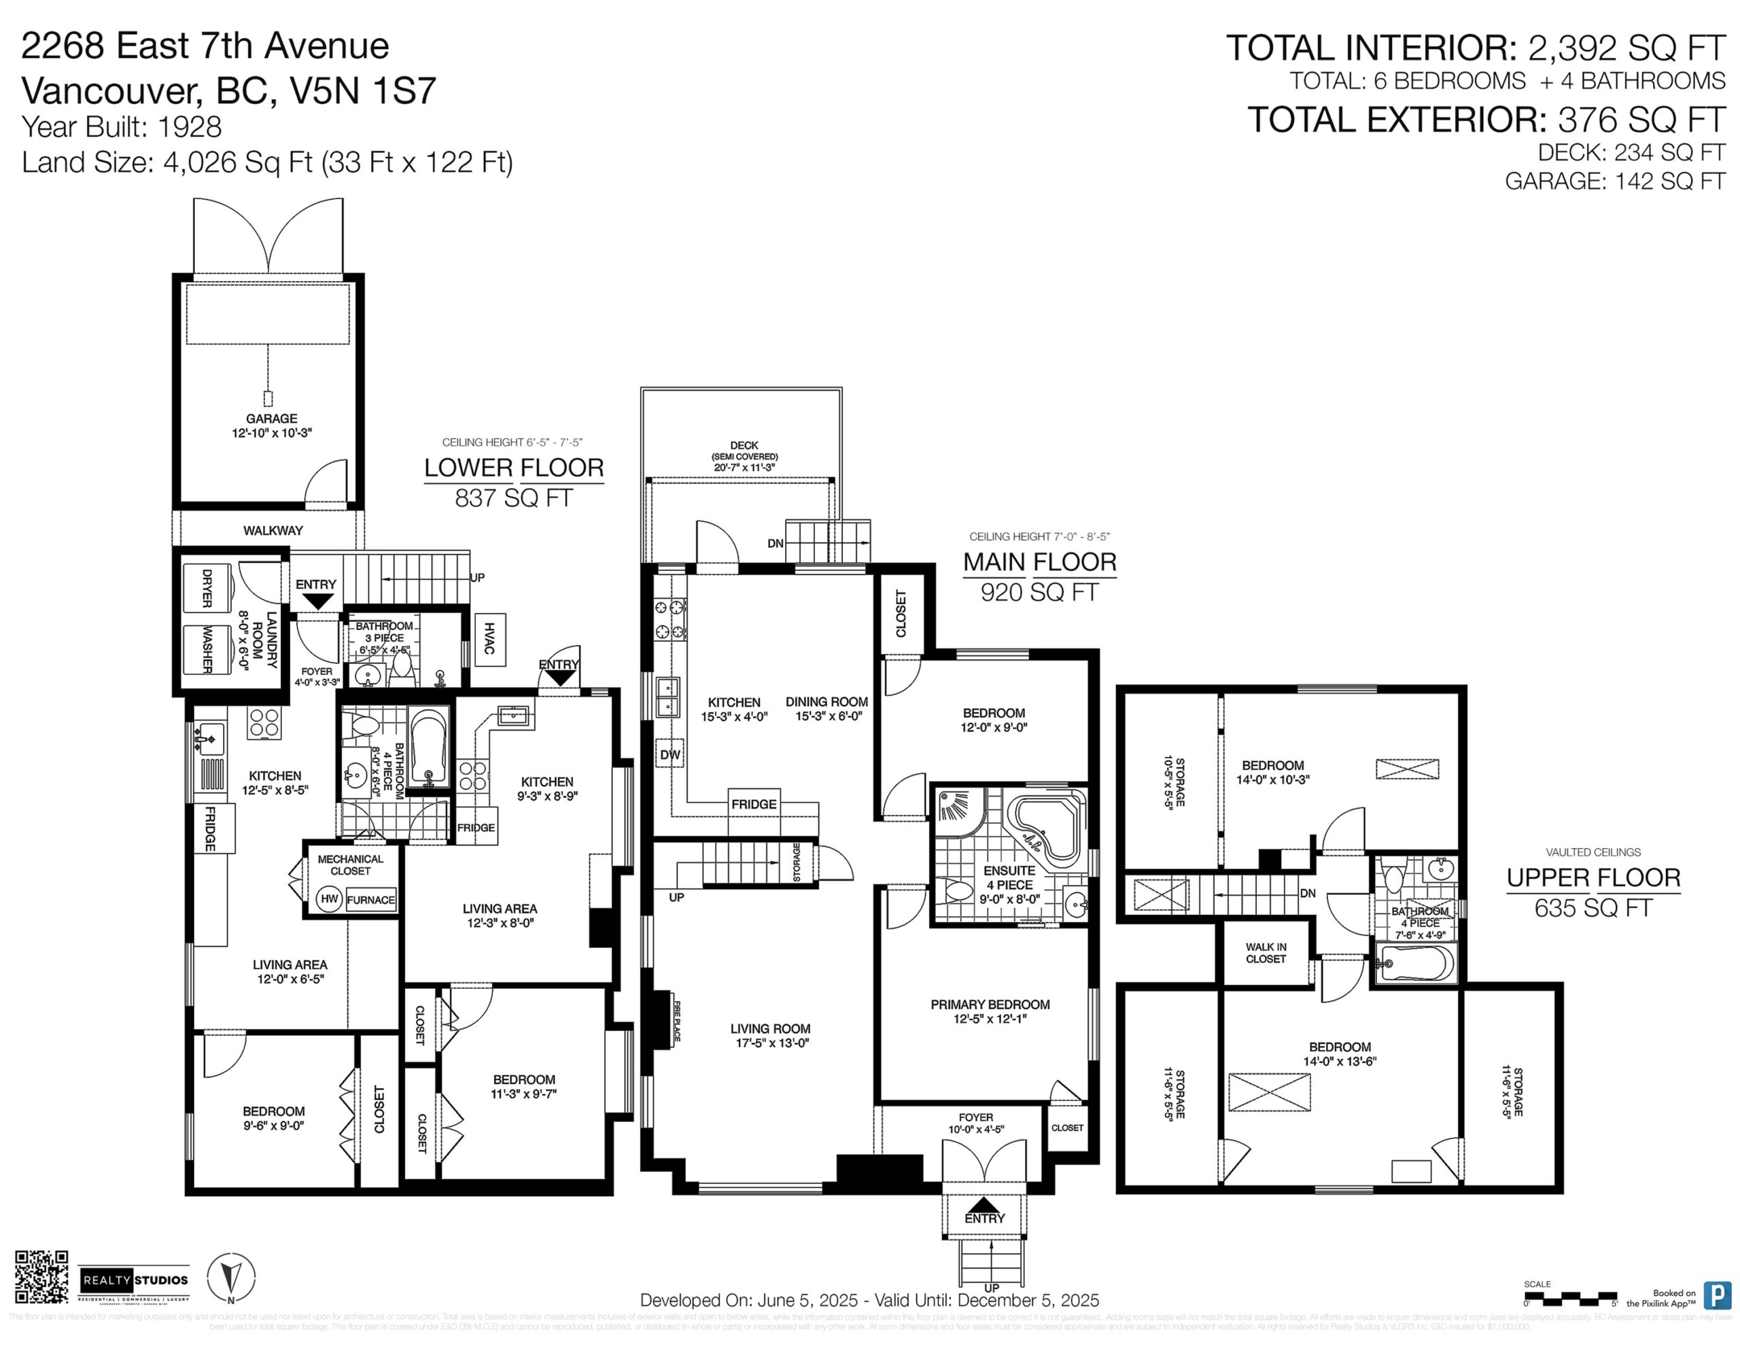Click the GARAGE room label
[x=271, y=419]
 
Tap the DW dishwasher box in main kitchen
[x=670, y=754]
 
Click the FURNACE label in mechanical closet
[x=370, y=901]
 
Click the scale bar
[x=1569, y=1298]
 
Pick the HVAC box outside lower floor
[x=489, y=640]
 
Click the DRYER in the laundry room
[x=207, y=588]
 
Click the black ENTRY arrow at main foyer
[x=984, y=1206]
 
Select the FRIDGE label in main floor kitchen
[x=754, y=804]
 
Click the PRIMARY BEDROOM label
[x=990, y=1005]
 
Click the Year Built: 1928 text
[x=122, y=126]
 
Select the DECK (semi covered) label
[x=744, y=451]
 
